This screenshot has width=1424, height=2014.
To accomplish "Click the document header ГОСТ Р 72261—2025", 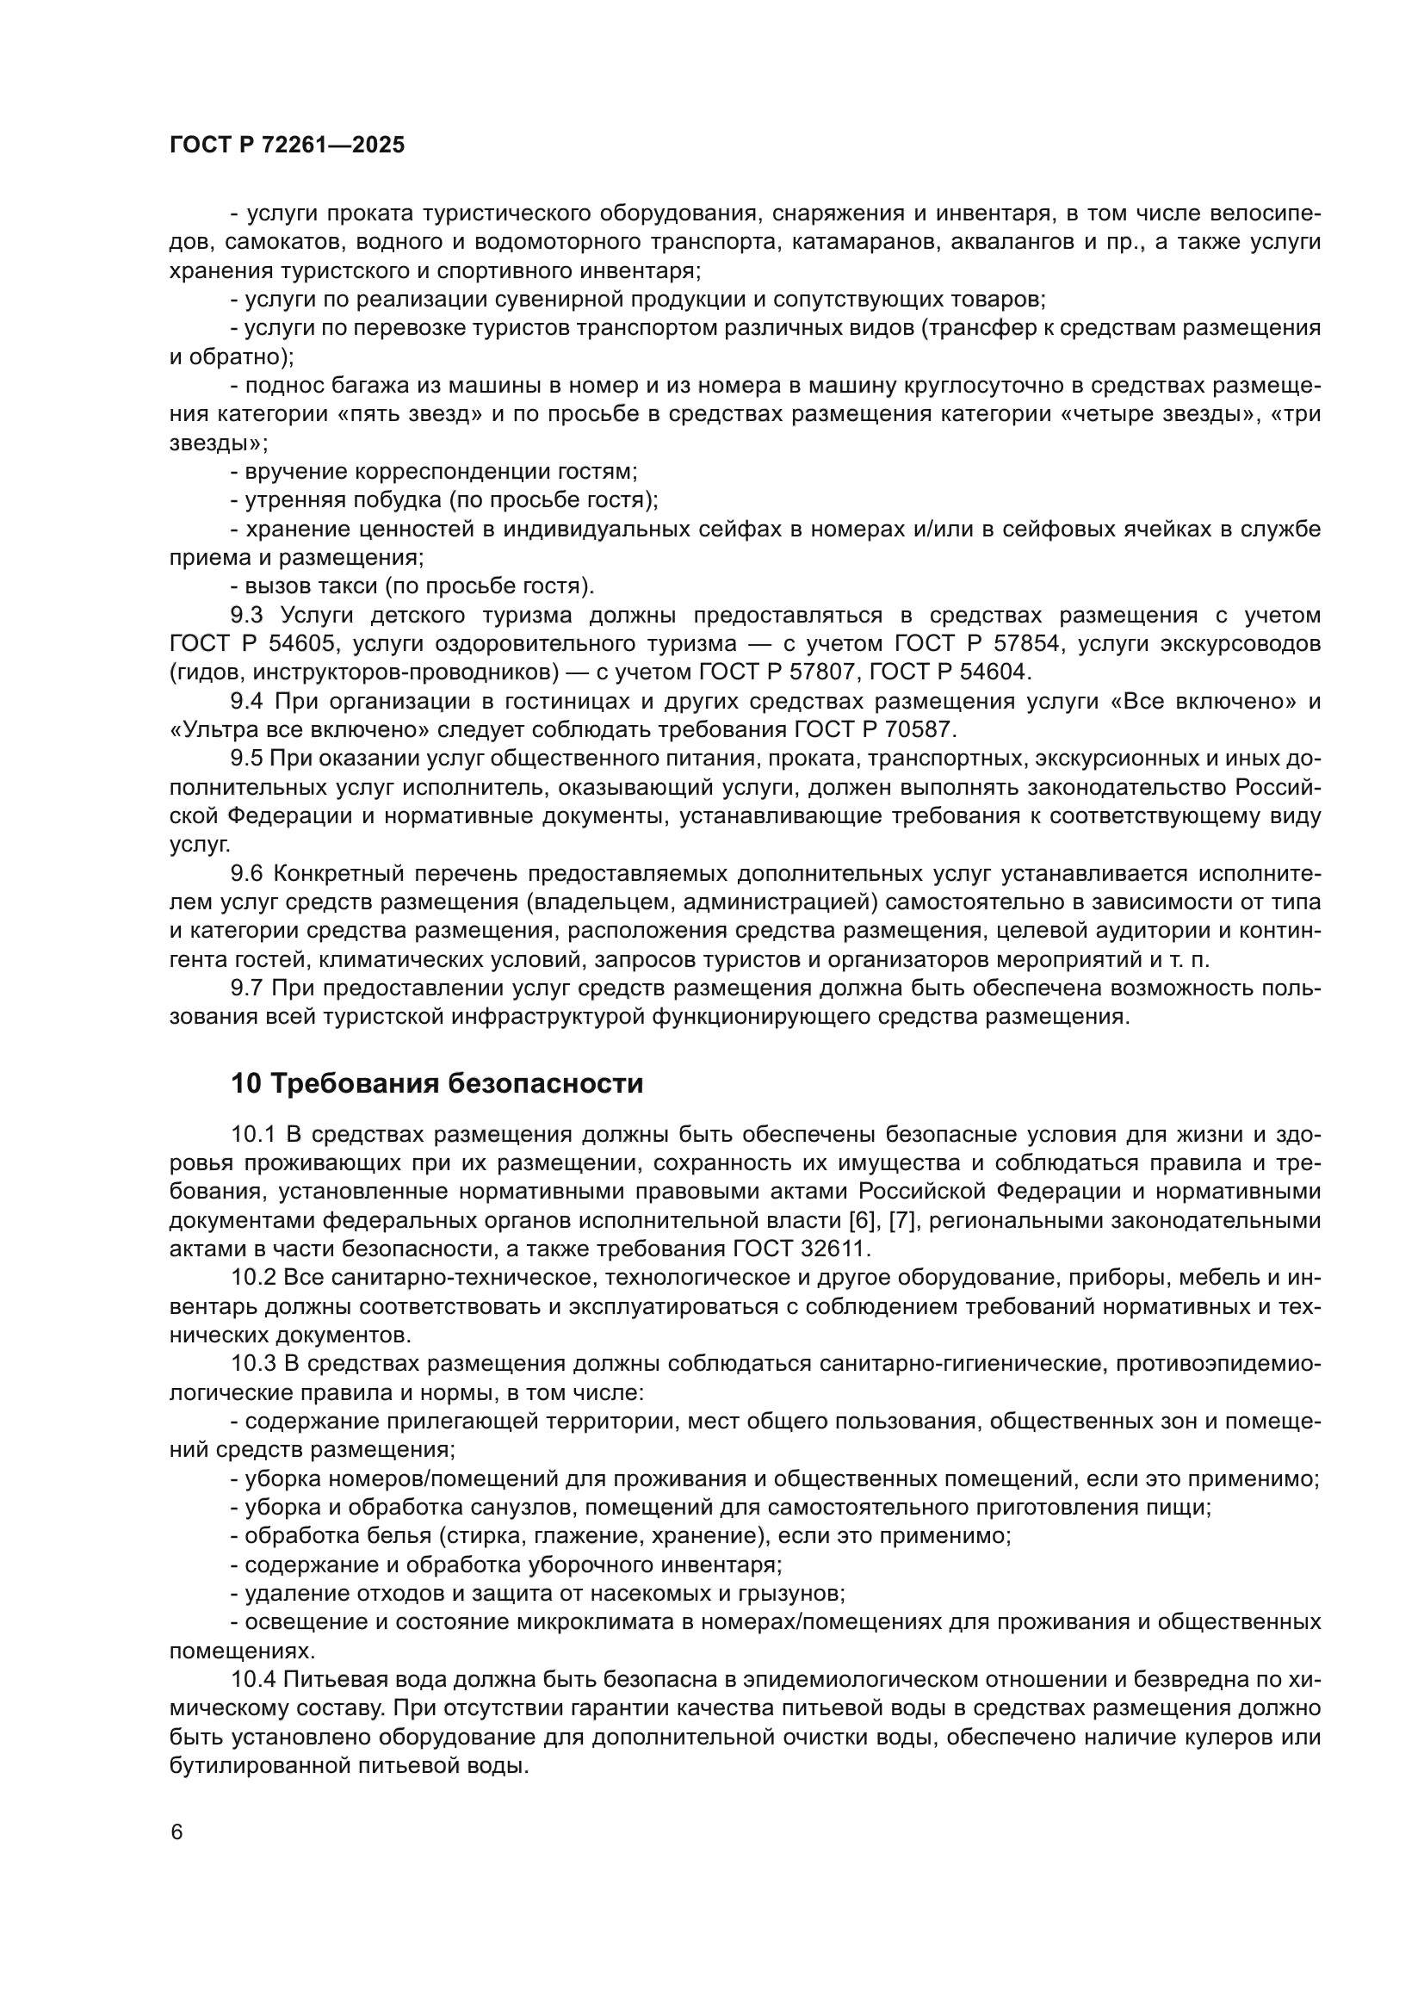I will coord(287,146).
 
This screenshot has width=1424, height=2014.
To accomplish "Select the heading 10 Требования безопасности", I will coord(436,1083).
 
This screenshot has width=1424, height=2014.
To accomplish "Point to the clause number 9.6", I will coord(246,874).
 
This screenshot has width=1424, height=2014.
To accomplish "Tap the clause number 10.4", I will coord(253,1680).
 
